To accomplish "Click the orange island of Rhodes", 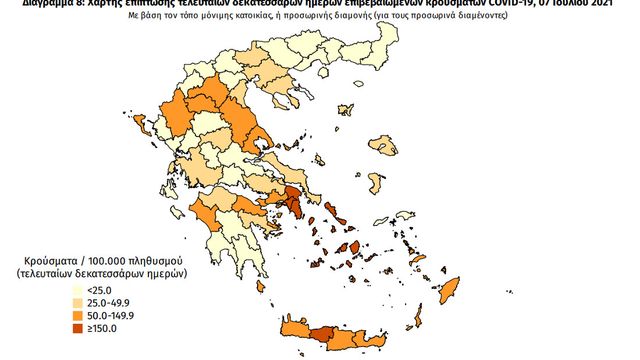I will [x=448, y=293].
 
